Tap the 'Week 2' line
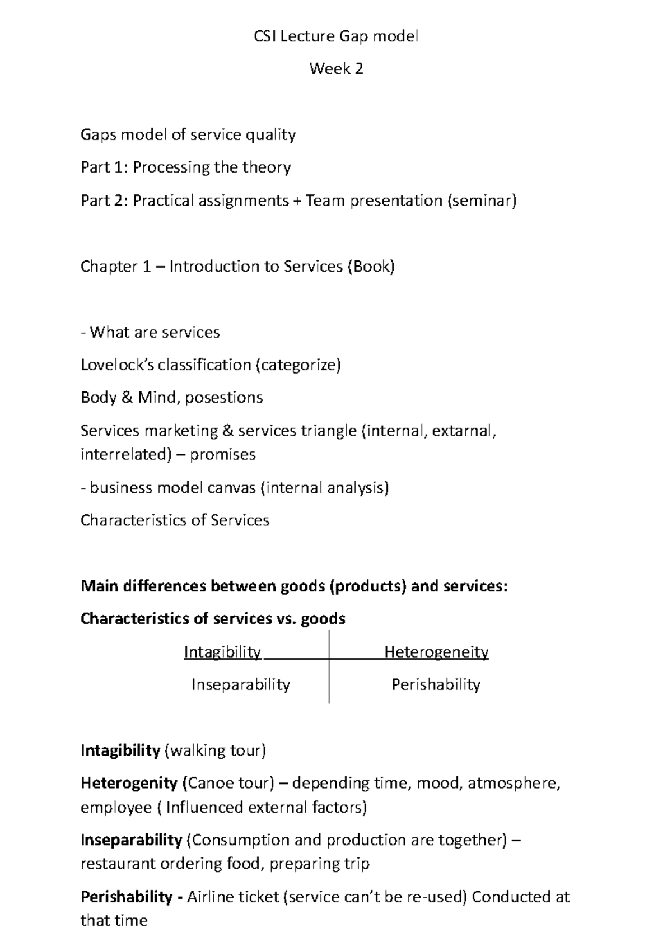336,69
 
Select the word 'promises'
222,454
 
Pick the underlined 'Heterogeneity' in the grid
436,652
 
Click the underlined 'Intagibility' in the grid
222,652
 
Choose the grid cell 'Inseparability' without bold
241,685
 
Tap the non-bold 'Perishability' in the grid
436,685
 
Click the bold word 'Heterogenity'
129,783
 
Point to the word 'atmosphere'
512,783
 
